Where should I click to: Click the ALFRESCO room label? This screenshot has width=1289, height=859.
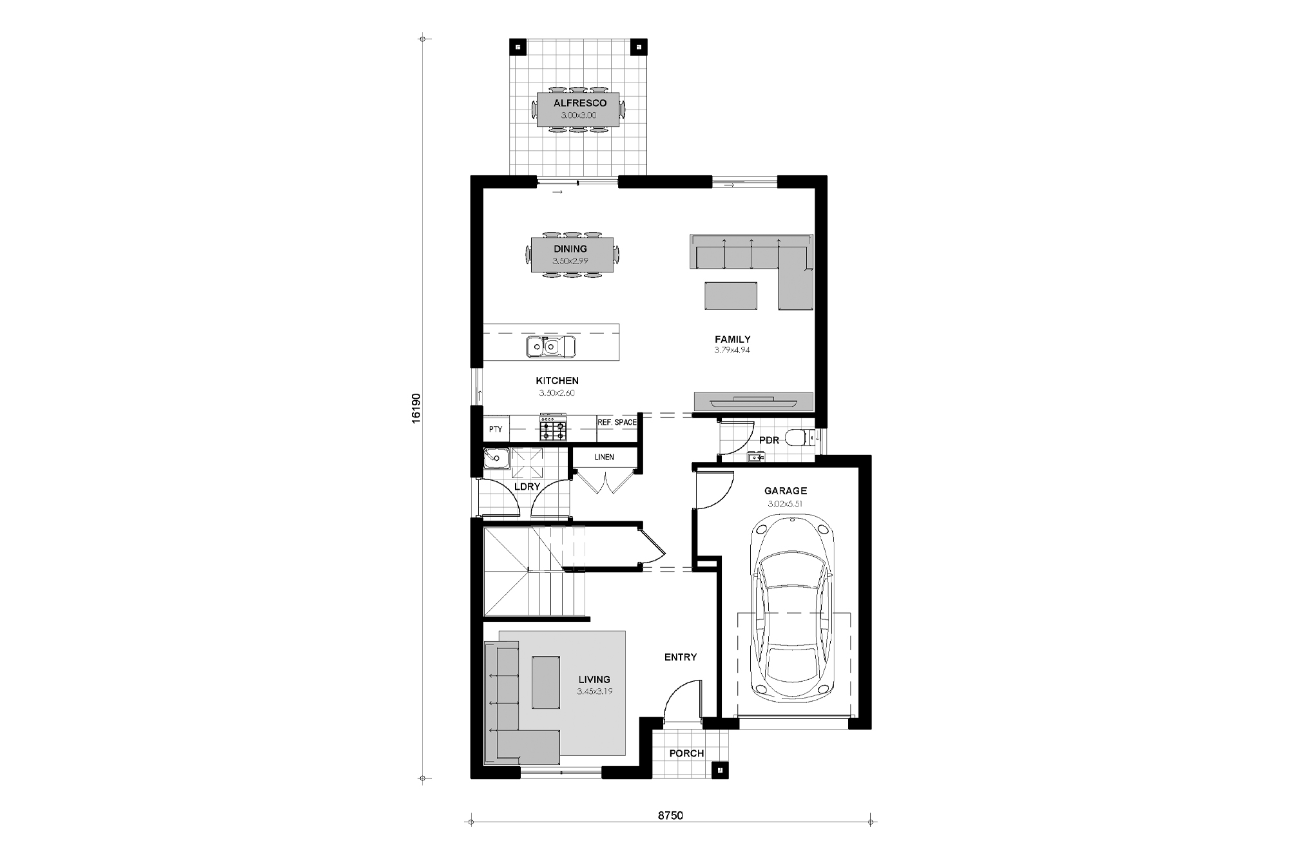pos(579,103)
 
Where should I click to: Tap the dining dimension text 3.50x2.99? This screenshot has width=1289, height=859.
pos(570,262)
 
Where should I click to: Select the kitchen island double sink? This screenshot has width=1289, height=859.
pos(550,347)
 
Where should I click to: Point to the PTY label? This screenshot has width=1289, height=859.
pos(495,429)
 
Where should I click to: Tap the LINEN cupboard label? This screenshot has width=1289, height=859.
pos(604,458)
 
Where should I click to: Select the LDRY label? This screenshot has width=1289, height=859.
pos(527,487)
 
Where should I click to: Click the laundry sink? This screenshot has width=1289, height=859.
pos(496,458)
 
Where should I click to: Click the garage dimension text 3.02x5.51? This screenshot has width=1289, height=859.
pos(784,504)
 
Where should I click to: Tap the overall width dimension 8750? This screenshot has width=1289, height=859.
pos(670,815)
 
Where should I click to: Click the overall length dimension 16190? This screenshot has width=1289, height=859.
pos(416,407)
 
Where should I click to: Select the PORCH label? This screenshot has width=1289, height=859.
pos(686,753)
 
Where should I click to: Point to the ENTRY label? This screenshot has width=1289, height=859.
pos(680,657)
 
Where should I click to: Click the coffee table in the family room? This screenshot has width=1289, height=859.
pos(731,296)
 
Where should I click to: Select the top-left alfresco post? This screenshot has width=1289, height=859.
pos(519,47)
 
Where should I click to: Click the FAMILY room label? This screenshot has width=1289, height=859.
pos(732,339)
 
